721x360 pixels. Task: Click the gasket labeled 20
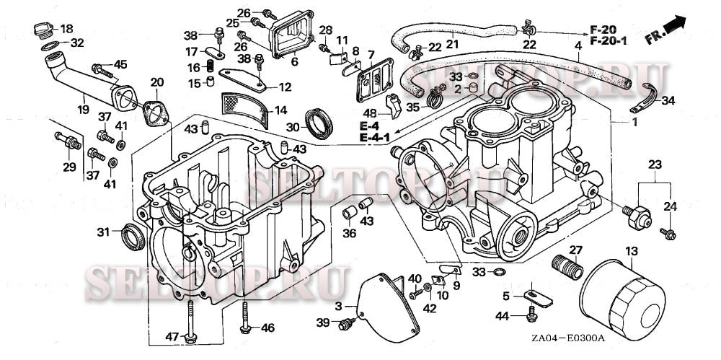153,112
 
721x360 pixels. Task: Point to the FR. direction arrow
665,29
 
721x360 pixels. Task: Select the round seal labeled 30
319,123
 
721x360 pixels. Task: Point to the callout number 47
172,337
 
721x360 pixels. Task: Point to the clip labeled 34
646,97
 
